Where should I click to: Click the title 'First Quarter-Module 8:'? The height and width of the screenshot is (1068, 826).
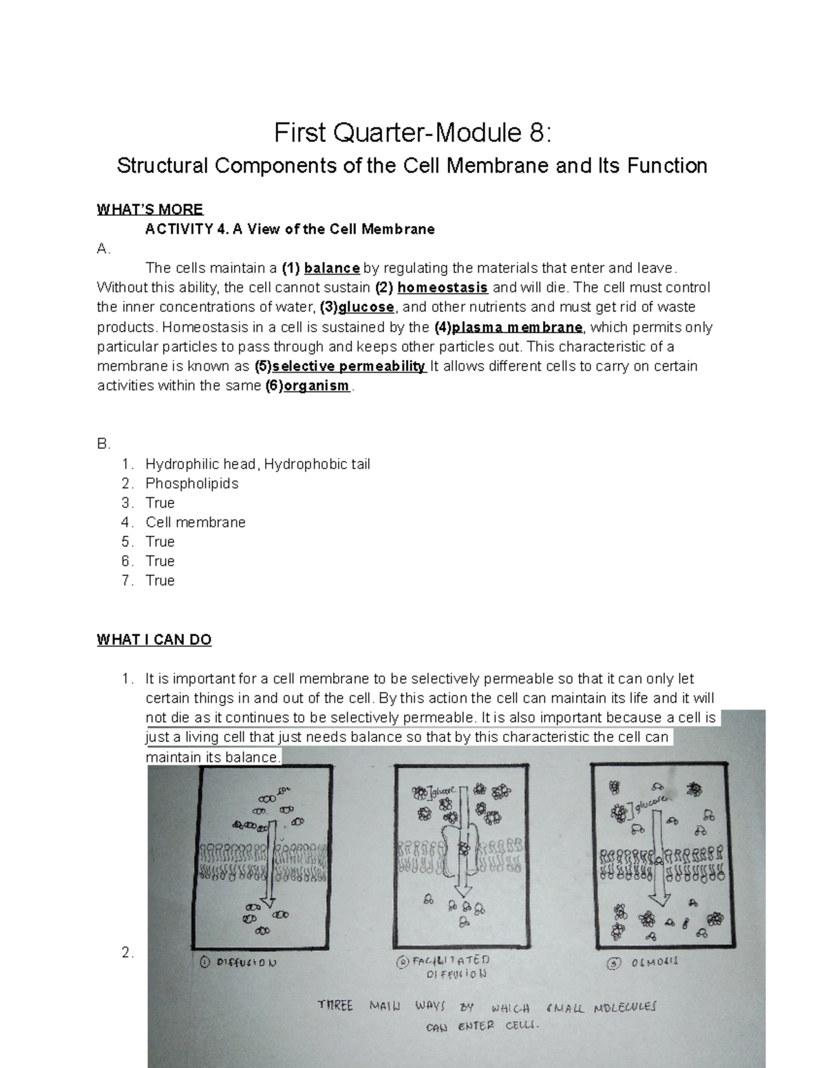(412, 133)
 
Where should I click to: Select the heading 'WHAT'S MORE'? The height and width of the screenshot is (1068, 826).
(149, 210)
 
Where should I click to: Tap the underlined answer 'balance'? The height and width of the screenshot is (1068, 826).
(332, 268)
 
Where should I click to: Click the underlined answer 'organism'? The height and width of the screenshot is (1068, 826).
(317, 386)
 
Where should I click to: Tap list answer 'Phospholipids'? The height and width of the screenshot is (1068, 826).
(192, 483)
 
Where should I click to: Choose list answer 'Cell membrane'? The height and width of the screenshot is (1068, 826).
(195, 523)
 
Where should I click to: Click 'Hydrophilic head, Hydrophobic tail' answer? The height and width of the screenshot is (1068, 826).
(257, 464)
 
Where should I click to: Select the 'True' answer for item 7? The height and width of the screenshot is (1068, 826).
(160, 580)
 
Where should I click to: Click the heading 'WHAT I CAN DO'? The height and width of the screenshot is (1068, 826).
(154, 640)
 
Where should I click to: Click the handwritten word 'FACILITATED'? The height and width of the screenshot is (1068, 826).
(450, 960)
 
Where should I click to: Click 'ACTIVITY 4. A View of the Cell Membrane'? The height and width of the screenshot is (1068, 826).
(290, 230)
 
